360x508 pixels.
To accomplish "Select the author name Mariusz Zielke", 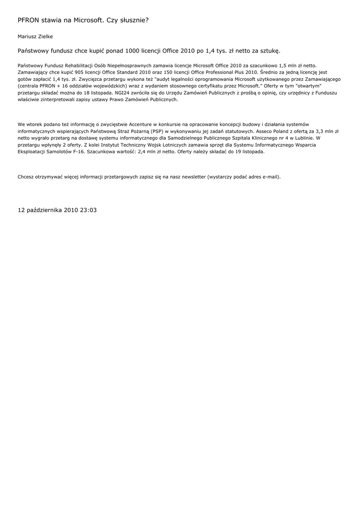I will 35,36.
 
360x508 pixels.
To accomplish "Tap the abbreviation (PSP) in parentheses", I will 158,131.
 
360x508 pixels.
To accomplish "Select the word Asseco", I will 264,131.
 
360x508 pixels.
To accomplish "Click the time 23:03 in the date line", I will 87,210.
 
